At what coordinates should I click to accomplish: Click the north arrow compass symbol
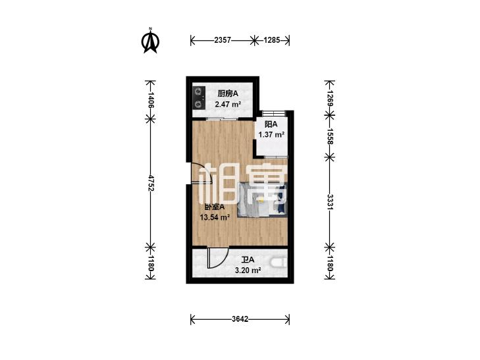click(x=150, y=41)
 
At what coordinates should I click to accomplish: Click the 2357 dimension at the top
click(x=223, y=40)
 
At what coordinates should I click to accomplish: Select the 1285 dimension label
click(x=272, y=40)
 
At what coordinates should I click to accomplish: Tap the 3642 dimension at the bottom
click(x=240, y=319)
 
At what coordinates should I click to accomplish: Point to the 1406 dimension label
click(x=150, y=100)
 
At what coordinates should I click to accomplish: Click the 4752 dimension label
click(x=150, y=183)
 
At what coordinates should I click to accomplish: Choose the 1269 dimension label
click(x=330, y=98)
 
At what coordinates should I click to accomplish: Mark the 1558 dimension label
click(x=330, y=136)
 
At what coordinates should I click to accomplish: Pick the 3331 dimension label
click(x=330, y=202)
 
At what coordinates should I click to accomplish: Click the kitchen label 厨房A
click(x=227, y=93)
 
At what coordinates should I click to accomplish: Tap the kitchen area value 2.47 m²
click(x=228, y=104)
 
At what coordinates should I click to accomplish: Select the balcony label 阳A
click(x=271, y=124)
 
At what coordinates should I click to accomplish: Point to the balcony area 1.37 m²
click(x=271, y=134)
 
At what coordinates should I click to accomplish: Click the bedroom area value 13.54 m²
click(x=215, y=217)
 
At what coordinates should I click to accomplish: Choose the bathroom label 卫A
click(x=248, y=260)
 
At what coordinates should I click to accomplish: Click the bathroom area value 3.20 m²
click(x=248, y=270)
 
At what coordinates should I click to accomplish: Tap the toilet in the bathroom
click(x=279, y=263)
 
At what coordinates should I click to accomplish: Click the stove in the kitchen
click(x=199, y=97)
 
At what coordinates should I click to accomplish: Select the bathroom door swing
click(x=217, y=257)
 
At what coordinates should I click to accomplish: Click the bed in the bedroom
click(x=262, y=199)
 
